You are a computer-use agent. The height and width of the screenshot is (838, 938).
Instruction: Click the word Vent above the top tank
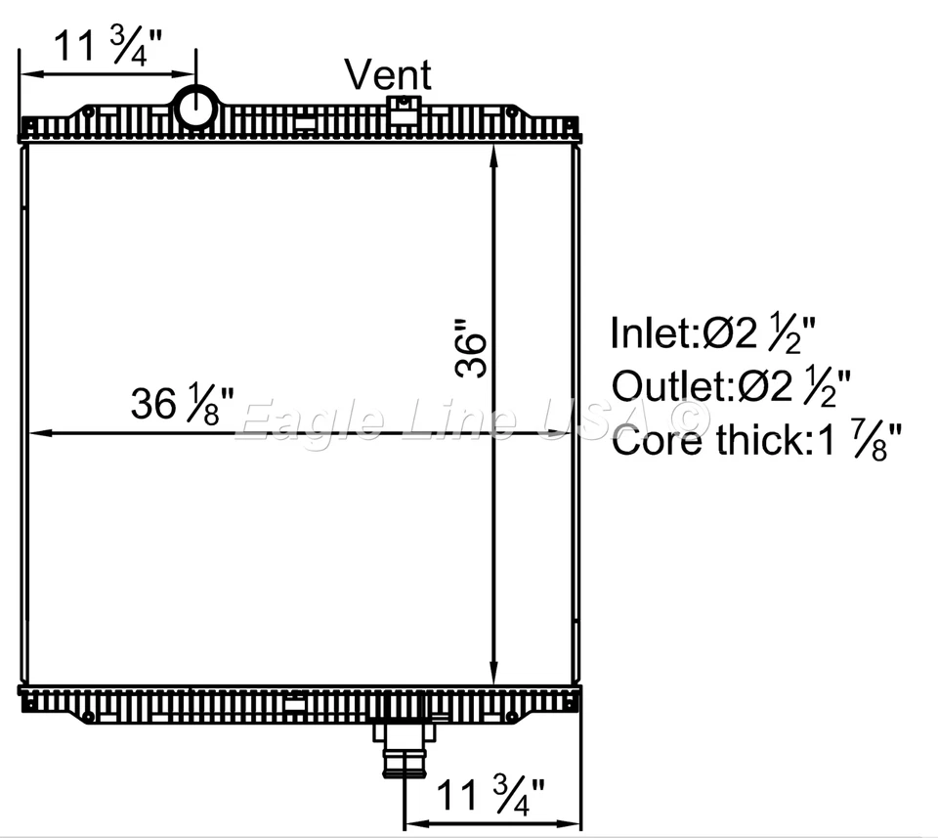pyautogui.click(x=388, y=74)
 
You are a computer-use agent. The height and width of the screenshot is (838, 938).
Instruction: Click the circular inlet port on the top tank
pyautogui.click(x=196, y=107)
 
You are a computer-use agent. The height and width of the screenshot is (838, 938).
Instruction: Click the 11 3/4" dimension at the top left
pyautogui.click(x=107, y=47)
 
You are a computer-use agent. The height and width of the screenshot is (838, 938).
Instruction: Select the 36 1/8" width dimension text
pyautogui.click(x=183, y=403)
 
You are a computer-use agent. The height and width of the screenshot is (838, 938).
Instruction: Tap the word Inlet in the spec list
pyautogui.click(x=650, y=333)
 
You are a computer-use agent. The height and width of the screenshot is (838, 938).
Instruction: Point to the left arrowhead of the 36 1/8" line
pyautogui.click(x=31, y=433)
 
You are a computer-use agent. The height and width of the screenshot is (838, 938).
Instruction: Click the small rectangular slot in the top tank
pyautogui.click(x=306, y=123)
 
